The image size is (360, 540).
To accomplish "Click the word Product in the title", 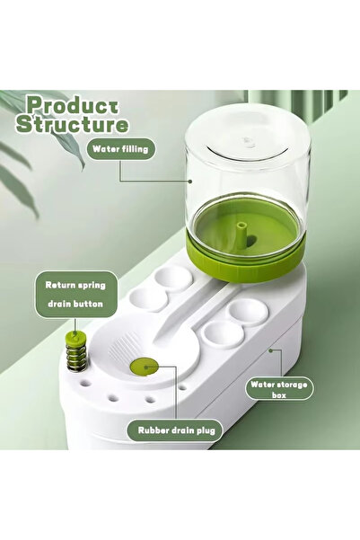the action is pyautogui.click(x=73, y=106).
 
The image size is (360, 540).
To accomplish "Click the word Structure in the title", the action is pyautogui.click(x=73, y=124).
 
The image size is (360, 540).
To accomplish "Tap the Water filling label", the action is pyautogui.click(x=120, y=149).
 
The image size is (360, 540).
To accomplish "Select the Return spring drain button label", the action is pyautogui.click(x=75, y=295).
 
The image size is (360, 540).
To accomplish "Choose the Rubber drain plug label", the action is pyautogui.click(x=176, y=430).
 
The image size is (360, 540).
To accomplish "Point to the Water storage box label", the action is pyautogui.click(x=279, y=389).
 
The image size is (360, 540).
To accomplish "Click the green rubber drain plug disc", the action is pyautogui.click(x=145, y=367).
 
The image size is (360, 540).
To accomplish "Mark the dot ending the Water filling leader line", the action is pyautogui.click(x=189, y=181).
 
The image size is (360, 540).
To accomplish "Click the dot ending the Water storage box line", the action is pyautogui.click(x=270, y=350).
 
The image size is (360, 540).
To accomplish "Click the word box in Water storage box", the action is pyautogui.click(x=279, y=395).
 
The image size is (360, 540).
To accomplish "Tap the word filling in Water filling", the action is pyautogui.click(x=135, y=149).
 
